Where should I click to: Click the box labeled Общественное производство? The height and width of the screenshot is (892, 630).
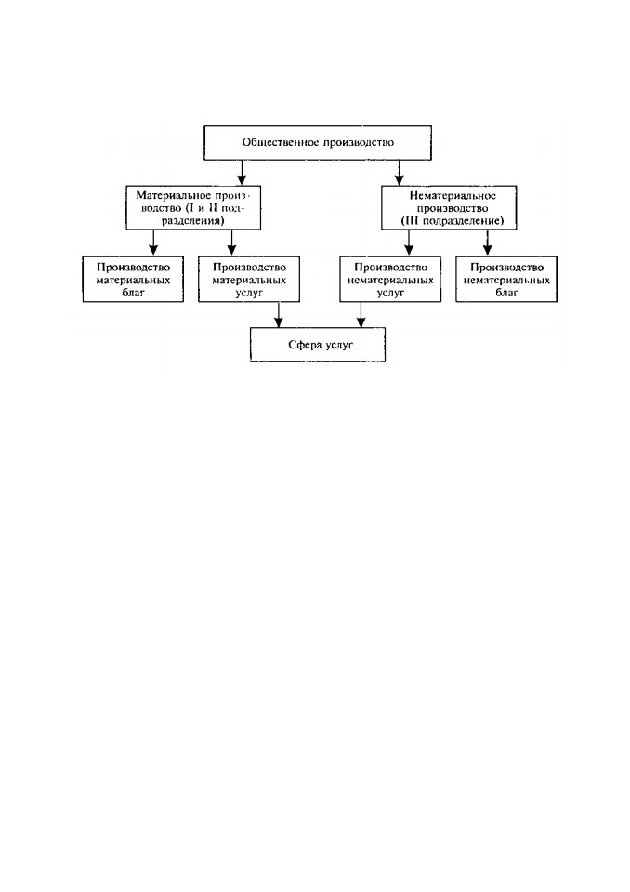coord(318,143)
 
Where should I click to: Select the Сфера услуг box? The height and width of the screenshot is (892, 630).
coord(318,345)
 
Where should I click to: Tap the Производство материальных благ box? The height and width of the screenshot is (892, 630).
coord(133,280)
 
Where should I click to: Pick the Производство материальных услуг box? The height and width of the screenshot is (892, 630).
coord(249,280)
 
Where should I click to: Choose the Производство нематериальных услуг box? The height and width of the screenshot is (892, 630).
coord(390,280)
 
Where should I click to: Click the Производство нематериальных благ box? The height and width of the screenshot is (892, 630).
coord(506,280)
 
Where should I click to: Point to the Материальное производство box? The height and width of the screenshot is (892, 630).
coord(193,207)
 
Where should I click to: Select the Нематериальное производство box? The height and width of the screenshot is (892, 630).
coord(449,207)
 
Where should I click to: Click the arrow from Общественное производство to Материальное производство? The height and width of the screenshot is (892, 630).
coord(242,173)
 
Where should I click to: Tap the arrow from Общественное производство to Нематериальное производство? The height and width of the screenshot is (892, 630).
coord(399,173)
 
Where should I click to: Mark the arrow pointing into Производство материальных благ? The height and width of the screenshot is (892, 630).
coord(152,243)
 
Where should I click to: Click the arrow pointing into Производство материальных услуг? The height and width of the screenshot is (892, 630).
coord(231,243)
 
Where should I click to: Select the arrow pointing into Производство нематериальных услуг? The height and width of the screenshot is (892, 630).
coord(409,243)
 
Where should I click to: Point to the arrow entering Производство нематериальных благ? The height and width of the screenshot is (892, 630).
coord(487,243)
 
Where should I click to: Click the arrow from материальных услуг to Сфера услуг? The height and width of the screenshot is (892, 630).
coord(278,315)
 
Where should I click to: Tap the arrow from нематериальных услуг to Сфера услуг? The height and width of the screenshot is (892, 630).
coord(361,315)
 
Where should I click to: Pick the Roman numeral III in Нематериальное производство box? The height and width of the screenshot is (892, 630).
coord(413,221)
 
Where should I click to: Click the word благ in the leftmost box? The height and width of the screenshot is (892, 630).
coord(134,293)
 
